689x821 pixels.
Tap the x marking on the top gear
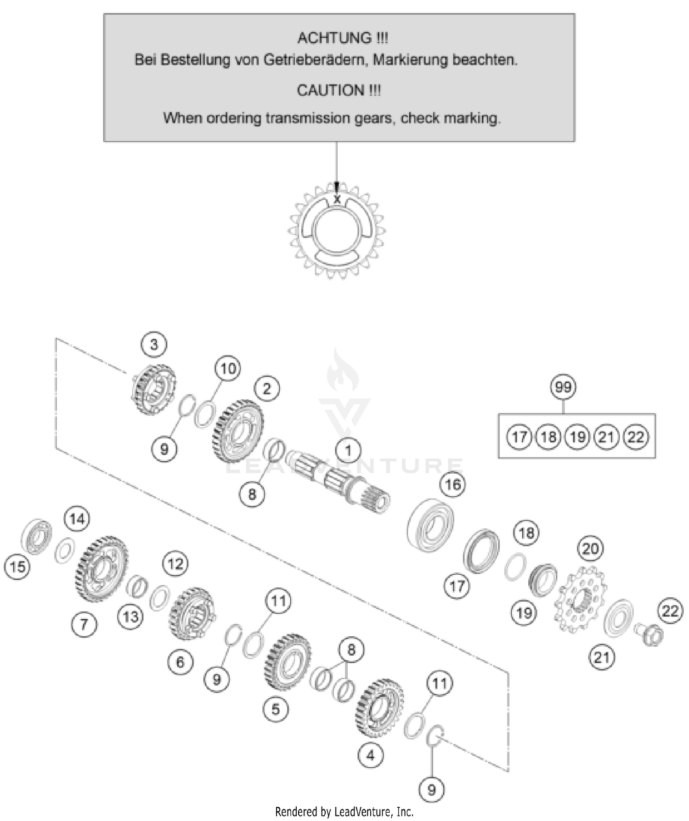click(x=337, y=200)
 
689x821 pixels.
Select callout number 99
click(x=563, y=387)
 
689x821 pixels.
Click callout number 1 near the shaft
click(x=348, y=450)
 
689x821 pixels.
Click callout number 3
click(x=154, y=344)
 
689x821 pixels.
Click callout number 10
click(x=228, y=368)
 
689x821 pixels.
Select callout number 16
click(x=452, y=484)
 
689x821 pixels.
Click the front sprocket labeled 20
click(x=581, y=599)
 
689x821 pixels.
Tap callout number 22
click(x=670, y=611)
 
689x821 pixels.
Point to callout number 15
click(x=17, y=566)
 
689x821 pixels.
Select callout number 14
click(x=77, y=519)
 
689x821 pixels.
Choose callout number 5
click(x=276, y=708)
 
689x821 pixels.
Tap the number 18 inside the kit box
click(x=548, y=436)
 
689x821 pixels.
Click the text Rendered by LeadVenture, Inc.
click(x=344, y=812)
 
